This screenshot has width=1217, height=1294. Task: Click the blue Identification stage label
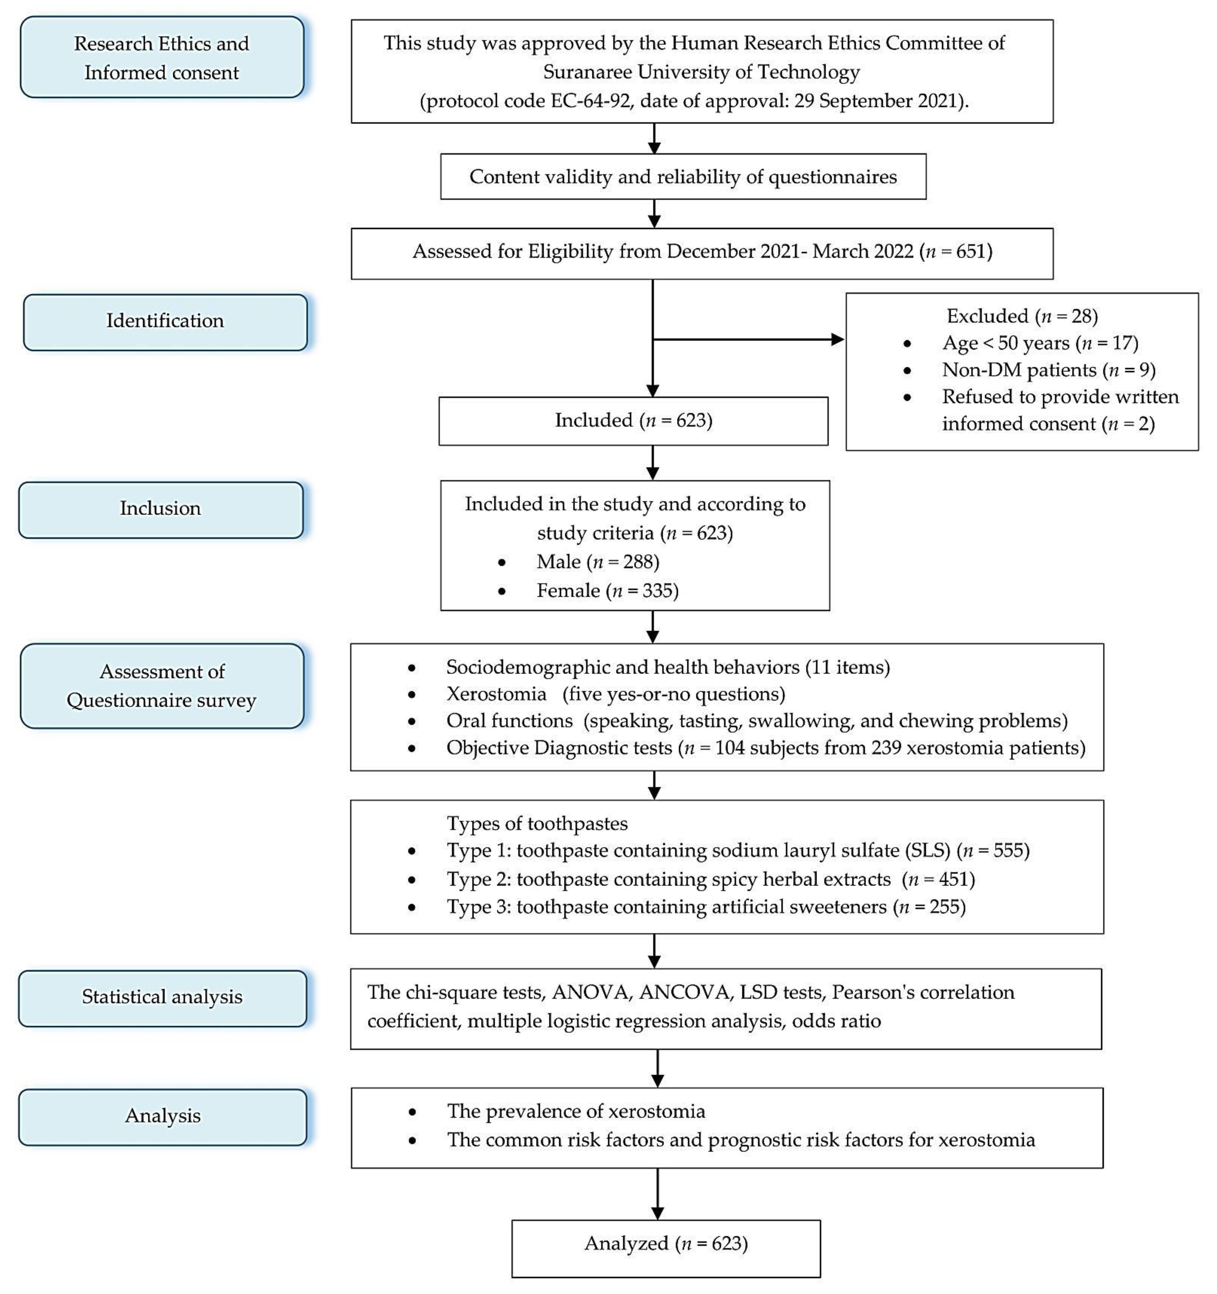166,322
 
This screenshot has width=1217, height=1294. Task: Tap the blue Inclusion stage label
161,510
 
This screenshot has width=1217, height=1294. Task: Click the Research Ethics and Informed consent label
162,57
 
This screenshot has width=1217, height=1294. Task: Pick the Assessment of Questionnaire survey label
162,686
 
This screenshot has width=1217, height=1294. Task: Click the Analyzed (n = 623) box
666,1248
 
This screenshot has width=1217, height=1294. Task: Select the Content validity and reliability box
683,176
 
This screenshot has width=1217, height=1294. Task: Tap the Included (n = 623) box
634,421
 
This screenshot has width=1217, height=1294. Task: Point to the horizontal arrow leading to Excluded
749,339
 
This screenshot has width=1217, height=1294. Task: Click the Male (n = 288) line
598,562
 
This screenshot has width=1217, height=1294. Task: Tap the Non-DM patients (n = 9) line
1048,370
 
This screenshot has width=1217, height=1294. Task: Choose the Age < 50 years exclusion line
1040,343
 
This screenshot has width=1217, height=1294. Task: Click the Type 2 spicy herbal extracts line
710,879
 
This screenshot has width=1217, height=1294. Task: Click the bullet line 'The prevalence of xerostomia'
576,1111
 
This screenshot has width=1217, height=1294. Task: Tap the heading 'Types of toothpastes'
537,823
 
